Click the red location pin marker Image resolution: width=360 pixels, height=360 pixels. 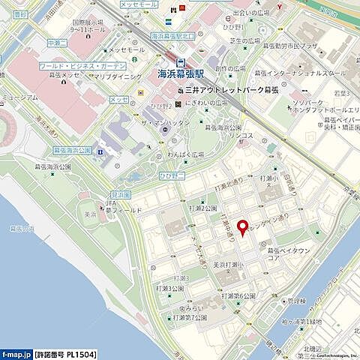[241, 228]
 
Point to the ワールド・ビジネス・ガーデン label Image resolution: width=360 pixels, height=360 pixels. [82, 66]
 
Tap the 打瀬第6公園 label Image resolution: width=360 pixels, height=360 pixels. [238, 296]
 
